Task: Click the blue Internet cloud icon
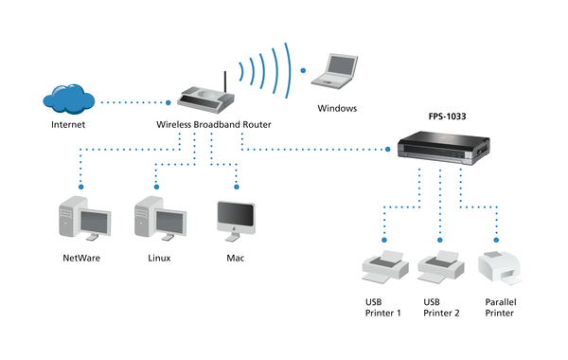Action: [67, 98]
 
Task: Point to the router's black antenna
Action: [223, 80]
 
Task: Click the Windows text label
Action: [338, 108]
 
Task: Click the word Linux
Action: [158, 258]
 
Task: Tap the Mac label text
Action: [236, 258]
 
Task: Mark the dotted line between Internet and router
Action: [138, 100]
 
